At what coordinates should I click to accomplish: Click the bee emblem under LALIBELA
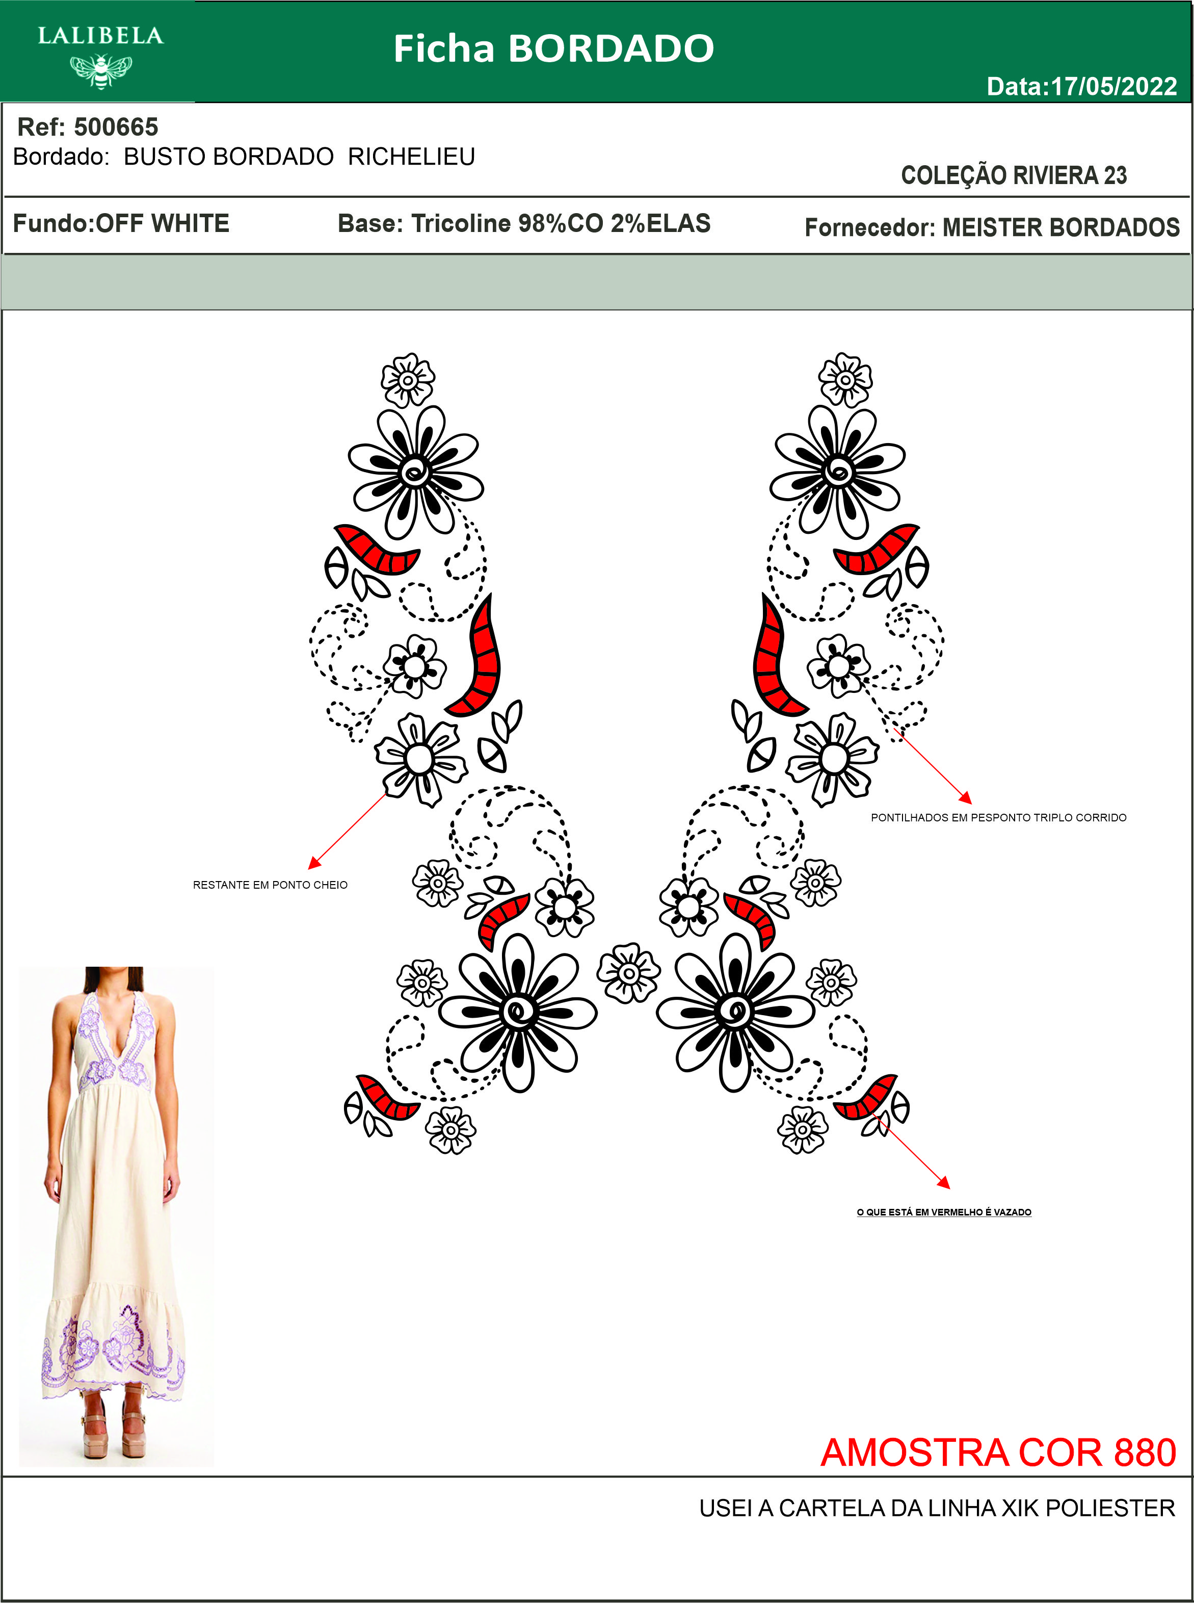(x=100, y=70)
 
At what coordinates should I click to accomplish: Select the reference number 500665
(x=116, y=127)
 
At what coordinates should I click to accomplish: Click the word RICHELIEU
(x=411, y=157)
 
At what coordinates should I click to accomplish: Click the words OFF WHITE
(x=163, y=223)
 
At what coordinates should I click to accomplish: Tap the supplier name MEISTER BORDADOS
(x=1061, y=228)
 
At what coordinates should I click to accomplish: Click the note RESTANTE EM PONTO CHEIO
(x=270, y=885)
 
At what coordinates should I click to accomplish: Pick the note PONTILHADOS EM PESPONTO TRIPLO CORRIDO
(x=998, y=818)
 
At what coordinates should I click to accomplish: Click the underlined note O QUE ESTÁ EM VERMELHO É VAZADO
(x=944, y=1212)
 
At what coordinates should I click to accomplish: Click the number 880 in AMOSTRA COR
(x=1145, y=1453)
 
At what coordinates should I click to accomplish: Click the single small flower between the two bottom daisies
(x=628, y=973)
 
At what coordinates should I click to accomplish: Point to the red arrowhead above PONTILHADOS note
(x=966, y=797)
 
